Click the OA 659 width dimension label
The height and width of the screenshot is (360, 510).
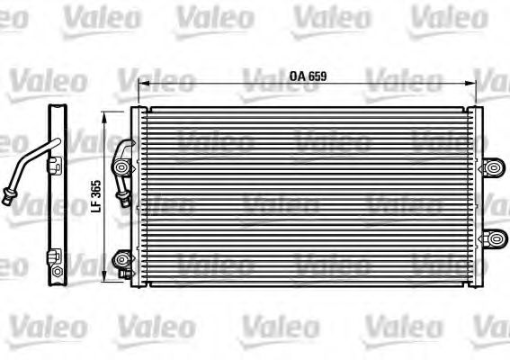[307, 76]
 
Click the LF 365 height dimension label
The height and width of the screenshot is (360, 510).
[97, 194]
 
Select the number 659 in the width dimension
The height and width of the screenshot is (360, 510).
[315, 76]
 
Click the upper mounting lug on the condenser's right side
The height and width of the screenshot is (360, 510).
[493, 166]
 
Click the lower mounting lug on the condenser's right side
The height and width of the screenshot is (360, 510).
[493, 238]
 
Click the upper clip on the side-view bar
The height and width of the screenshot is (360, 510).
[58, 165]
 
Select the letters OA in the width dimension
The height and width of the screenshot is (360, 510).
[296, 76]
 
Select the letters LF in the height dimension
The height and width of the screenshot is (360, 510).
[97, 206]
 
